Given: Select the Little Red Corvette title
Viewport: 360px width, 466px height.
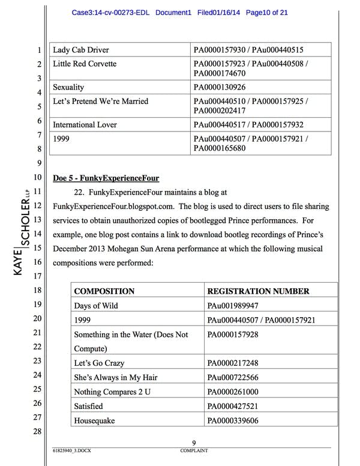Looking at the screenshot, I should coord(85,64).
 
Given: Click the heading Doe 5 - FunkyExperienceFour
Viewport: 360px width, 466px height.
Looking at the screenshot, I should coord(106,178).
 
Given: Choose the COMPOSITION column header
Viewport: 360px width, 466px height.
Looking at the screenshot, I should coord(104,291).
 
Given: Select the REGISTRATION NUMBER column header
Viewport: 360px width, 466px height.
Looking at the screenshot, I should coord(258,291).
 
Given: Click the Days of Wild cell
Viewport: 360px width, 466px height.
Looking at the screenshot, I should coord(96,306).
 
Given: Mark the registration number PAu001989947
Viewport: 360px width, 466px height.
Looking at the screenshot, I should coord(233,306).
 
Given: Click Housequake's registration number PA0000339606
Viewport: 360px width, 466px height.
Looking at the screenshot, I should coord(233,420).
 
